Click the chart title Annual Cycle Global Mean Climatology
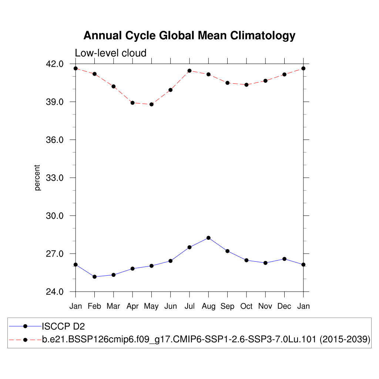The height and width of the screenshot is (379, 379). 189,36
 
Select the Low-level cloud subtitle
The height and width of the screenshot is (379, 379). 111,53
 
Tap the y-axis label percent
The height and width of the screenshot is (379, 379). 37,178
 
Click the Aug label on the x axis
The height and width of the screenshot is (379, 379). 208,306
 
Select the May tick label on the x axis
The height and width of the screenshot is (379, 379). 151,306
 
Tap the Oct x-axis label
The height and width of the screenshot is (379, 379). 246,306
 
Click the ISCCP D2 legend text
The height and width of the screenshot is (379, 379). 64,326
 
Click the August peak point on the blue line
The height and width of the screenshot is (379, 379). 208,238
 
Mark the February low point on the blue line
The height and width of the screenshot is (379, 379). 94,277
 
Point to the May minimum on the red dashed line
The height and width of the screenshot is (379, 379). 151,104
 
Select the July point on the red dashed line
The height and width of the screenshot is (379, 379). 189,71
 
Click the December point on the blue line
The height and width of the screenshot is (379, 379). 284,259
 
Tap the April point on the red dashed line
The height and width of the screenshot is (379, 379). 133,103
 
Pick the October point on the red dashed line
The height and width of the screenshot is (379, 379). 246,85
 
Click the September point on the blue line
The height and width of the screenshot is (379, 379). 227,251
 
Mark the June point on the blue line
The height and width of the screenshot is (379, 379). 171,261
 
